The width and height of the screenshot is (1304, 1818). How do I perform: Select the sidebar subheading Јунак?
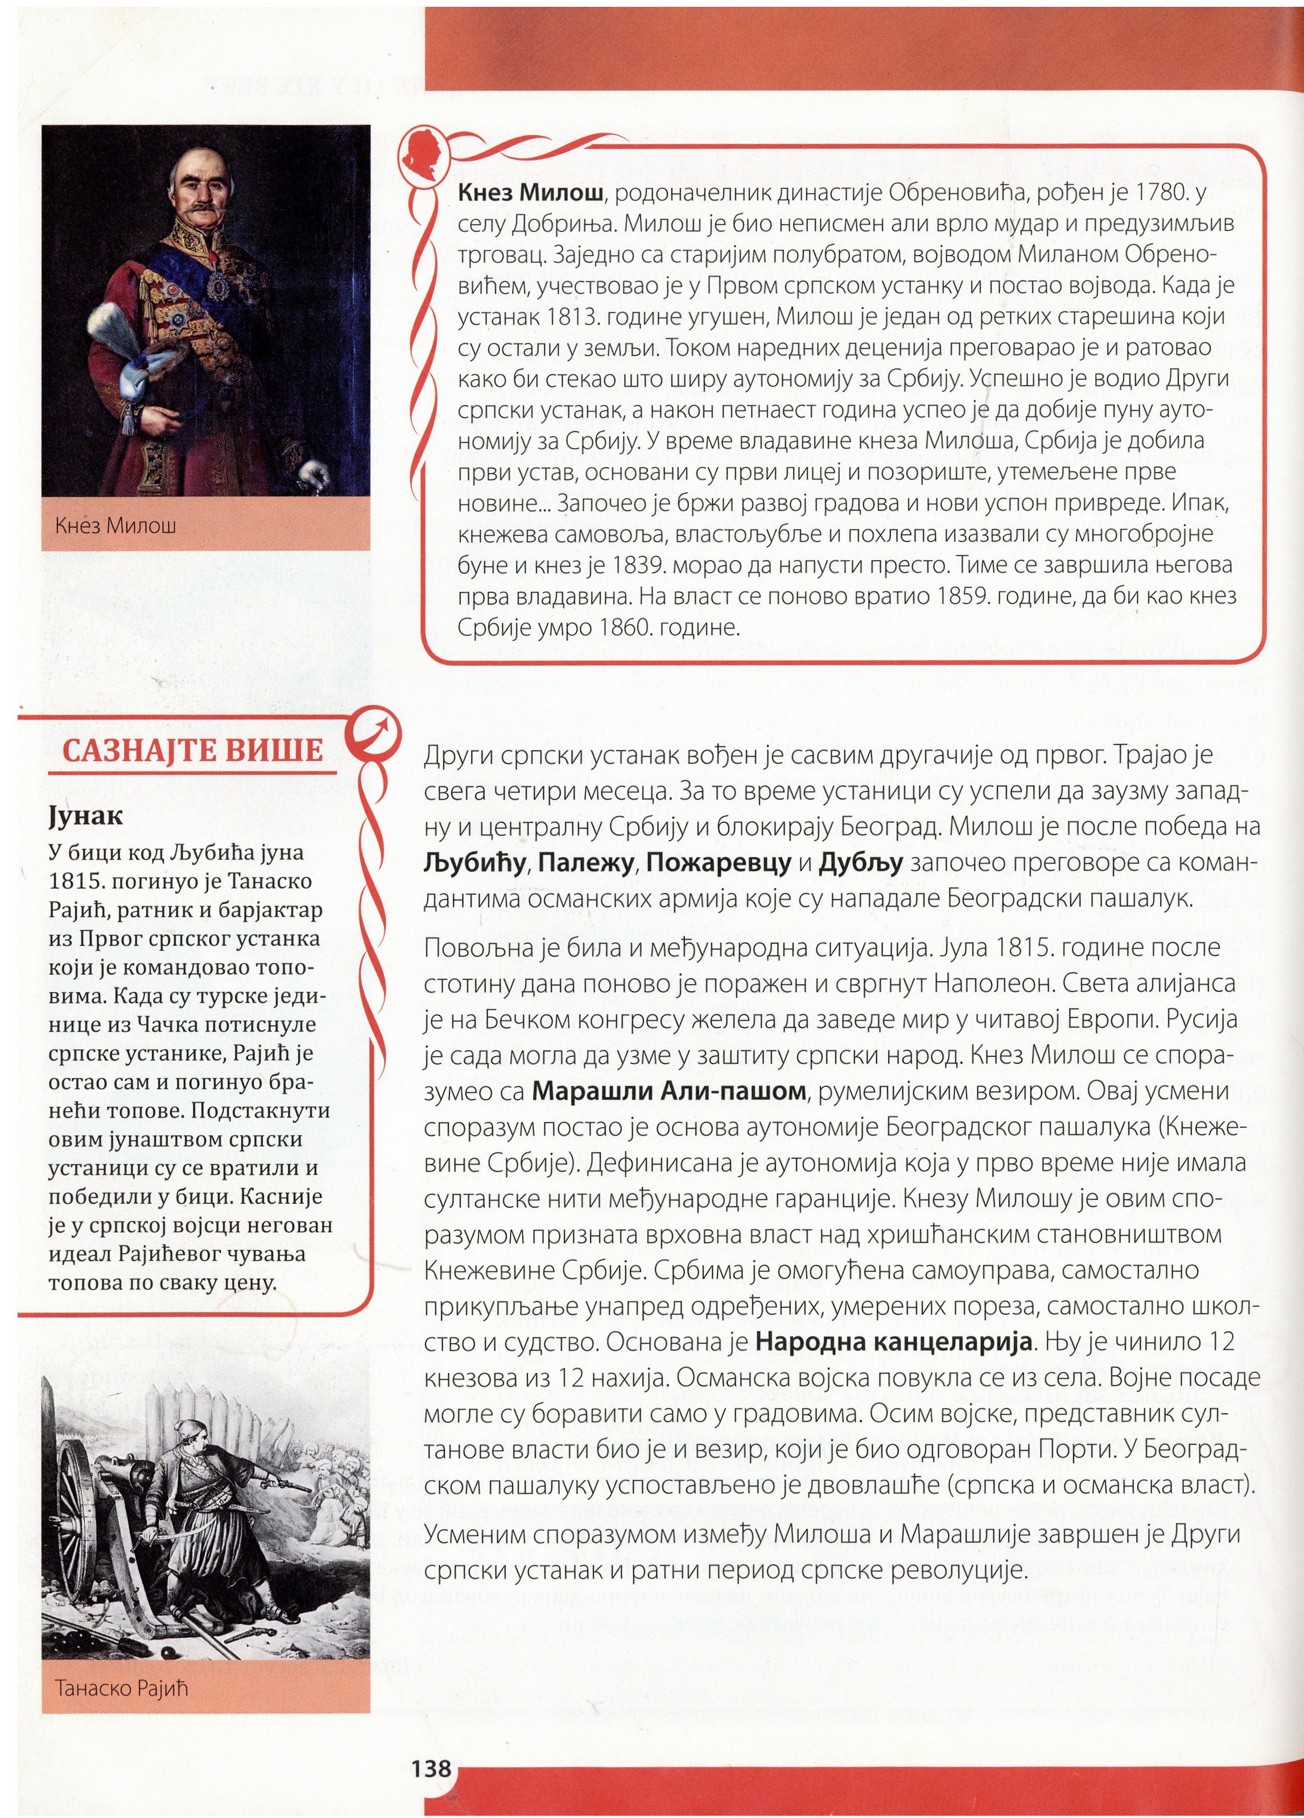tap(86, 815)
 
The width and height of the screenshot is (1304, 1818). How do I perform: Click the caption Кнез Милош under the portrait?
tap(115, 526)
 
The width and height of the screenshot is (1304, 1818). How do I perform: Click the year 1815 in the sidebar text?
tap(75, 881)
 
